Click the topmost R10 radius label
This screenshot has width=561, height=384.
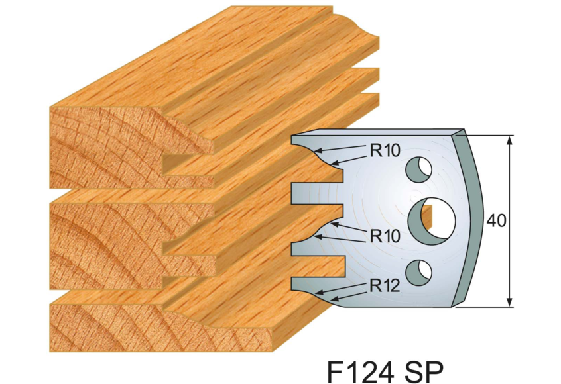coord(385,151)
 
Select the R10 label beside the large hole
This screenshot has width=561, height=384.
coord(385,235)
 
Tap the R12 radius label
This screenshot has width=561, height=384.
coord(385,287)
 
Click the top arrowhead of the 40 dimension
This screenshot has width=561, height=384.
coord(509,141)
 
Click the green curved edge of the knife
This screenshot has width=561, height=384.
coord(471,218)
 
